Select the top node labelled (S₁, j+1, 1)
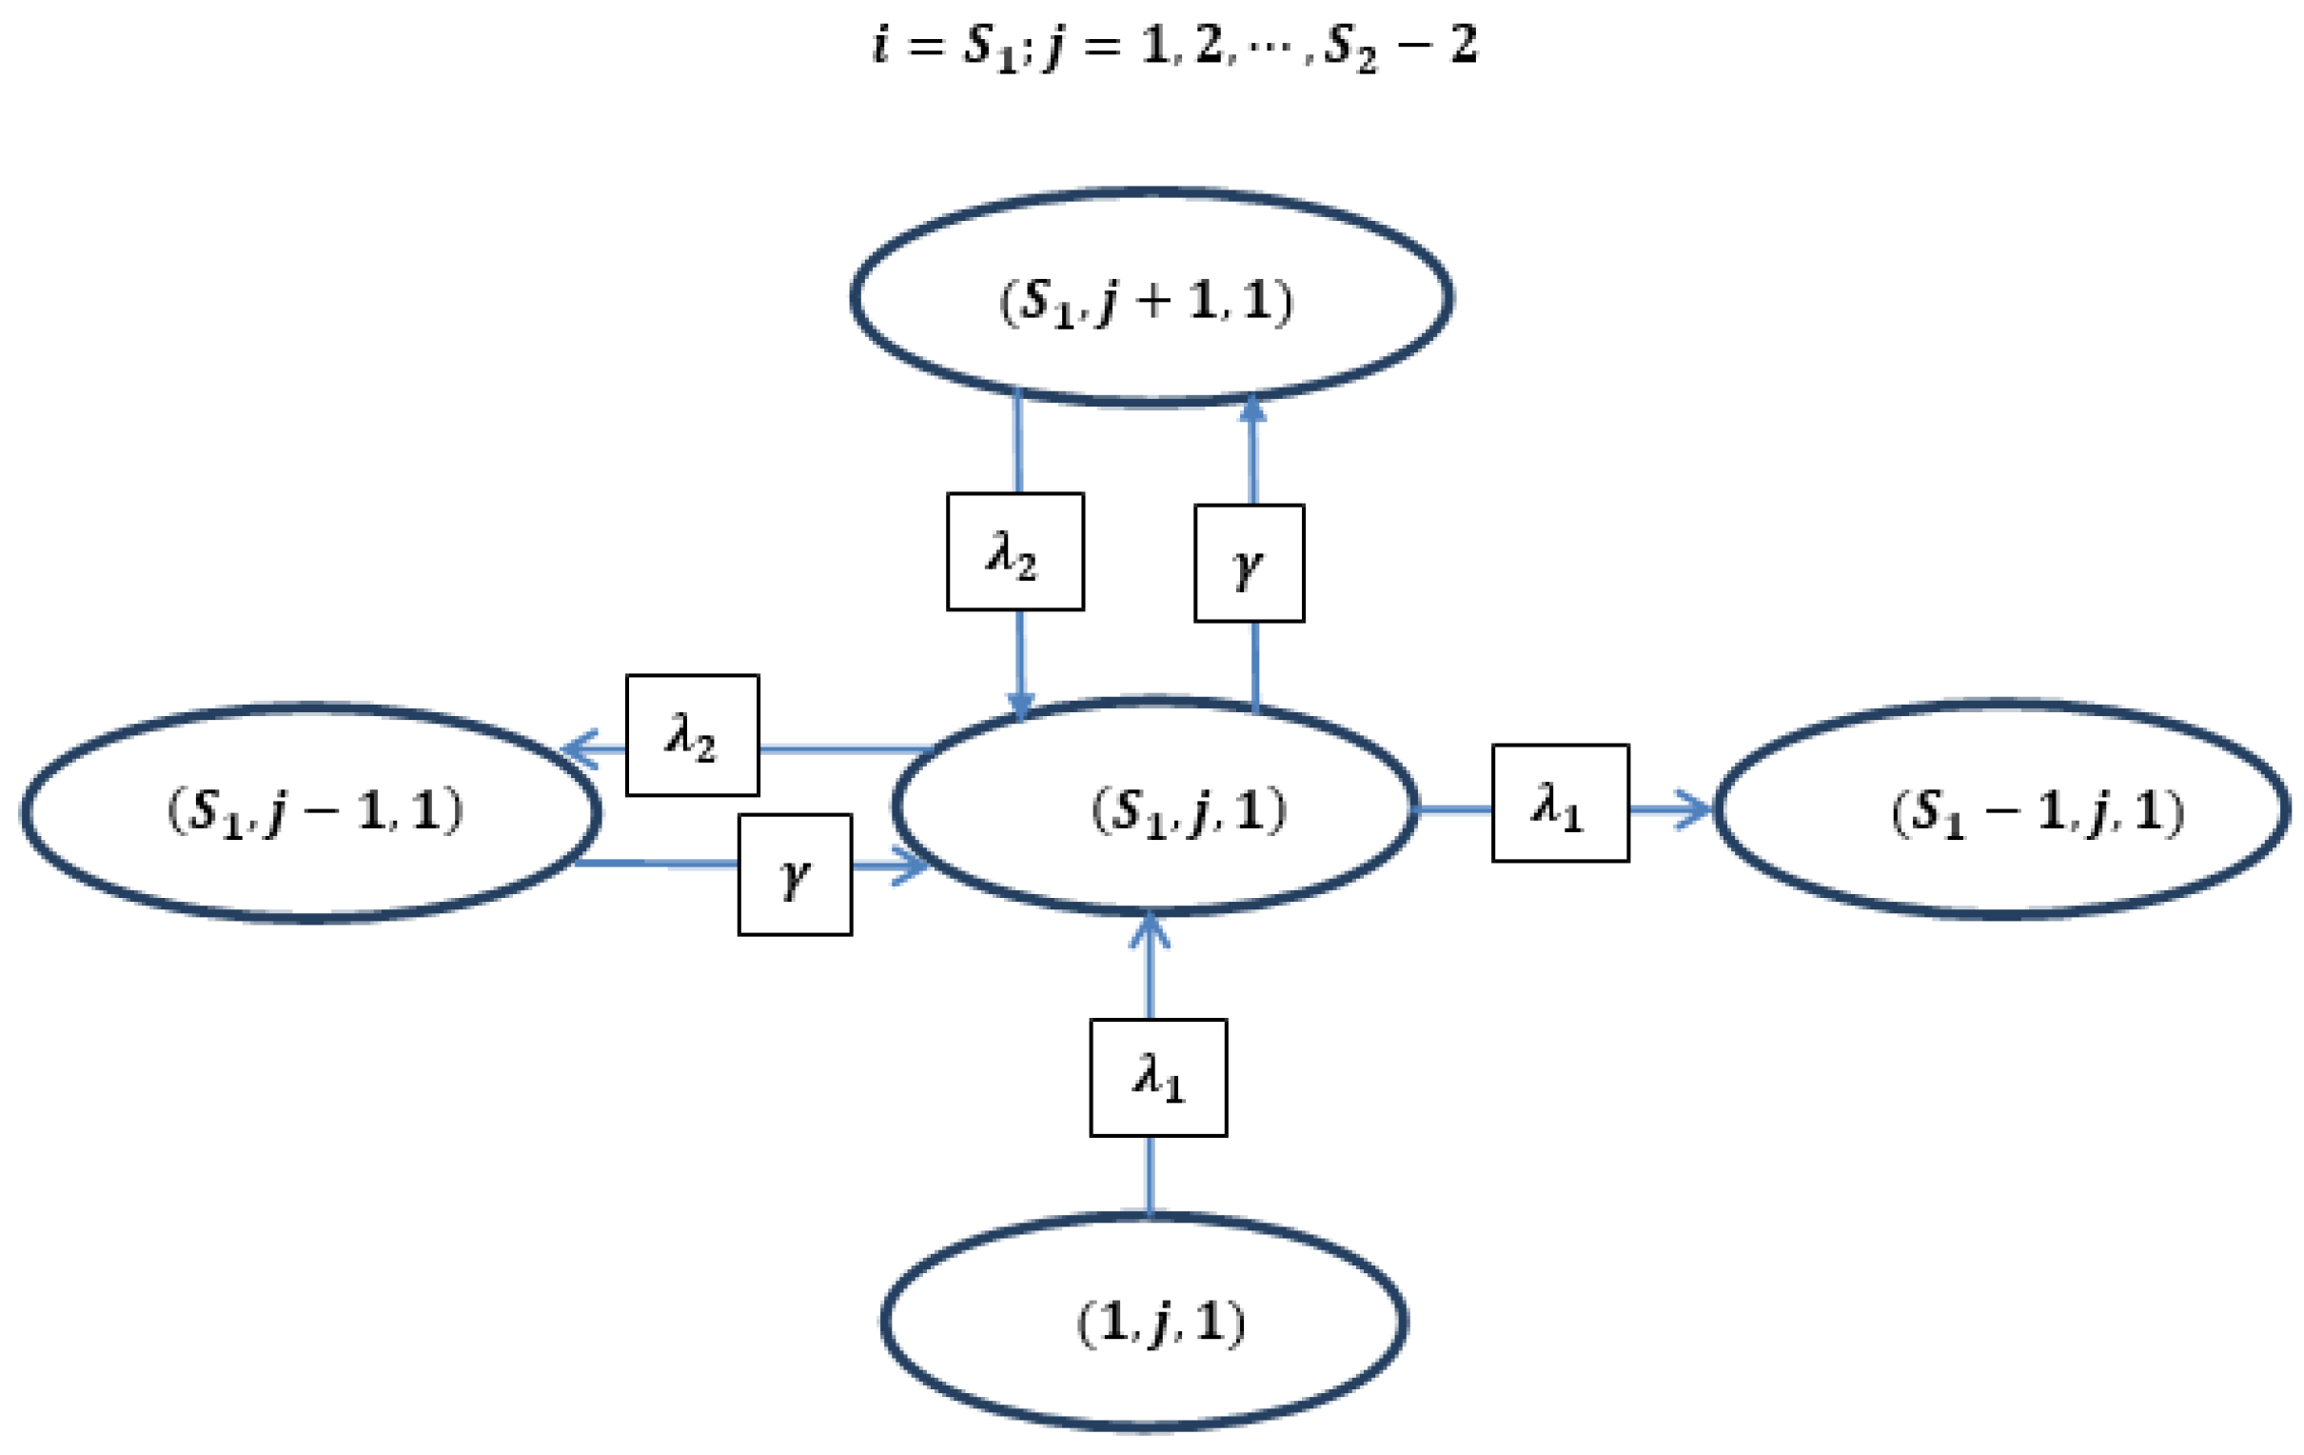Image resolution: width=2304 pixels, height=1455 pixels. pyautogui.click(x=1151, y=299)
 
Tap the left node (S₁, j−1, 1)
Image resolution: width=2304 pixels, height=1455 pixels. pyautogui.click(x=312, y=812)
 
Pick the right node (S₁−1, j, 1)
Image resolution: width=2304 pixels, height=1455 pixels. pyautogui.click(x=2001, y=809)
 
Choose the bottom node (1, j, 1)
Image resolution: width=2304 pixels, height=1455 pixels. pyautogui.click(x=1144, y=1323)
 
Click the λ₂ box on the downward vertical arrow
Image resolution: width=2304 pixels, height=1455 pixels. pyautogui.click(x=1015, y=552)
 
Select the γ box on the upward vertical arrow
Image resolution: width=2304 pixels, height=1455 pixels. pyautogui.click(x=1249, y=564)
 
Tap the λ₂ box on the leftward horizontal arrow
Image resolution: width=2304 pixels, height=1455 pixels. pyautogui.click(x=693, y=735)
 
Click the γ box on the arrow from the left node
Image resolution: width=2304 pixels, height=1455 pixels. pyautogui.click(x=795, y=875)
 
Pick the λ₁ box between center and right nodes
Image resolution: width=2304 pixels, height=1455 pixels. pyautogui.click(x=1561, y=803)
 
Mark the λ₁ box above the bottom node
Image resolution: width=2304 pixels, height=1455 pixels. pyautogui.click(x=1158, y=1078)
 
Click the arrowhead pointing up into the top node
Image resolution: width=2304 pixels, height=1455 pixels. pyautogui.click(x=1252, y=409)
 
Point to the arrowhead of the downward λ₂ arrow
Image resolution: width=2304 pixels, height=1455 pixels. pyautogui.click(x=1021, y=707)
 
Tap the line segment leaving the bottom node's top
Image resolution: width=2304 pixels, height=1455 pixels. pyautogui.click(x=1150, y=1177)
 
